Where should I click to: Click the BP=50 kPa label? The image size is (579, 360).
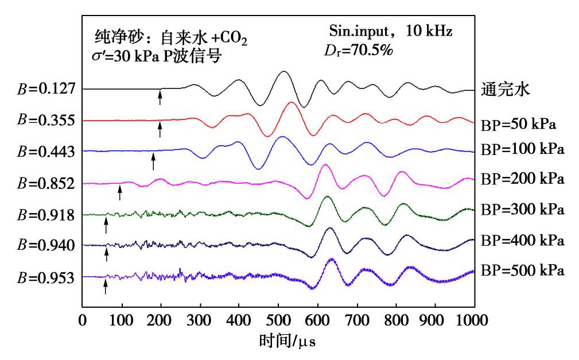(x=519, y=123)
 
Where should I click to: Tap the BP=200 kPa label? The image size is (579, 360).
(x=523, y=179)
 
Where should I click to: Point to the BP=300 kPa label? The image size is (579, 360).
(x=523, y=210)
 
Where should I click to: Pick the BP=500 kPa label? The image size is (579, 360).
(x=523, y=269)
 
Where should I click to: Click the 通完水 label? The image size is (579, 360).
(x=500, y=90)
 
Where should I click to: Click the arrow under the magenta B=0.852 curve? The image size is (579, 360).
(x=120, y=192)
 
